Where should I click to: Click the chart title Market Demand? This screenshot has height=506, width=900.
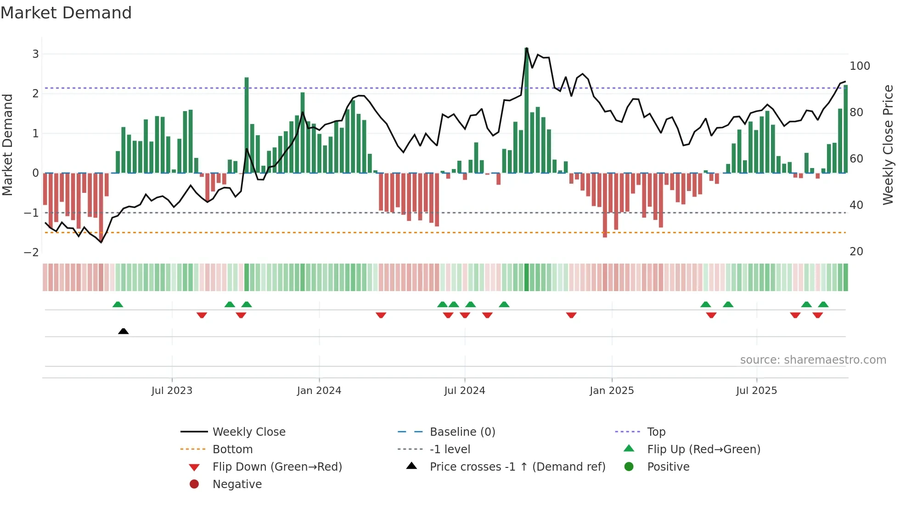tap(66, 13)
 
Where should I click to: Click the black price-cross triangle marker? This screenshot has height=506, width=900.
tap(123, 331)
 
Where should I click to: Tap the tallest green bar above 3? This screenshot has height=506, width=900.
tap(526, 110)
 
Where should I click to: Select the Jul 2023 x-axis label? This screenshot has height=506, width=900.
tap(172, 391)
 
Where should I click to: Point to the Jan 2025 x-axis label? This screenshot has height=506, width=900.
tap(612, 391)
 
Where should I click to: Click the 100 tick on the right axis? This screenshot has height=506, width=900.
tap(860, 66)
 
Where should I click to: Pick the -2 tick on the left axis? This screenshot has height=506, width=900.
tap(31, 253)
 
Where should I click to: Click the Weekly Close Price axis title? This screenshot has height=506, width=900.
tap(888, 145)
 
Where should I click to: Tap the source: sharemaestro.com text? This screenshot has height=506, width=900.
tap(813, 360)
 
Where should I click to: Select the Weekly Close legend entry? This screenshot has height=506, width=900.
tap(249, 432)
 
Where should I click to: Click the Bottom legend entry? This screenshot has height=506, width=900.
tap(232, 450)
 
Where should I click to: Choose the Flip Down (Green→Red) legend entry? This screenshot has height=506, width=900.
tap(277, 467)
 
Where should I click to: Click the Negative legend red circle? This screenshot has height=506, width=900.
tap(194, 484)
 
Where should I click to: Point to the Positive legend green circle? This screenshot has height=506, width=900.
tap(629, 467)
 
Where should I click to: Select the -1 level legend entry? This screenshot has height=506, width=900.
tap(450, 450)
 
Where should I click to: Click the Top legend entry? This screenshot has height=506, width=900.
tap(656, 432)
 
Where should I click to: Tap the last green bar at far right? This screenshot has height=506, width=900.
tap(845, 129)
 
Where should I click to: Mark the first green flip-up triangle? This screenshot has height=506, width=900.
tap(118, 304)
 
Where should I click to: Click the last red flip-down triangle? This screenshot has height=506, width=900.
tap(817, 315)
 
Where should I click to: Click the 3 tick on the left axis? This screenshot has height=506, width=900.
tap(35, 54)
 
